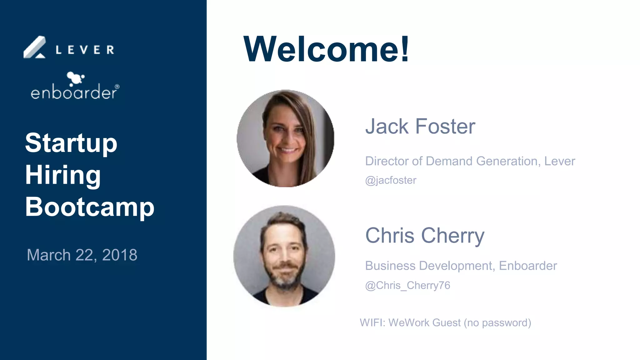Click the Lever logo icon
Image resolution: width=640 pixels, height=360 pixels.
(35, 48)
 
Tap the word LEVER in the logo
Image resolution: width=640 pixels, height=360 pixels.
(85, 50)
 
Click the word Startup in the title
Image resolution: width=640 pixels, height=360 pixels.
(71, 143)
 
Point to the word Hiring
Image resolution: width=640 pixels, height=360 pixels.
(63, 175)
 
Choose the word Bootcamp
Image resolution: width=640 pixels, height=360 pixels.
(90, 207)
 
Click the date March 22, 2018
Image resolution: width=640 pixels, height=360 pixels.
(82, 255)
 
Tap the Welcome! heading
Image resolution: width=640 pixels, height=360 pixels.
(326, 49)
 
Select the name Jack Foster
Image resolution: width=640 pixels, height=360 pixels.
(420, 126)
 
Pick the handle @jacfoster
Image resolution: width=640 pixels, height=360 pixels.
(391, 180)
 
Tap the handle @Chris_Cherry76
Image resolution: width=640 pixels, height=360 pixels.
(407, 285)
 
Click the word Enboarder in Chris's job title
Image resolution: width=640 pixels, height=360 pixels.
(528, 266)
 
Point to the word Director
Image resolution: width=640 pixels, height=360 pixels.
(387, 161)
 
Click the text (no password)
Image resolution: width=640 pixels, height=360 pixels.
(497, 323)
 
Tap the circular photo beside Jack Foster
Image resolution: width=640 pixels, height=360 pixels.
(285, 138)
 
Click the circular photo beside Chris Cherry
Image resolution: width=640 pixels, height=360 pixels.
(284, 256)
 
